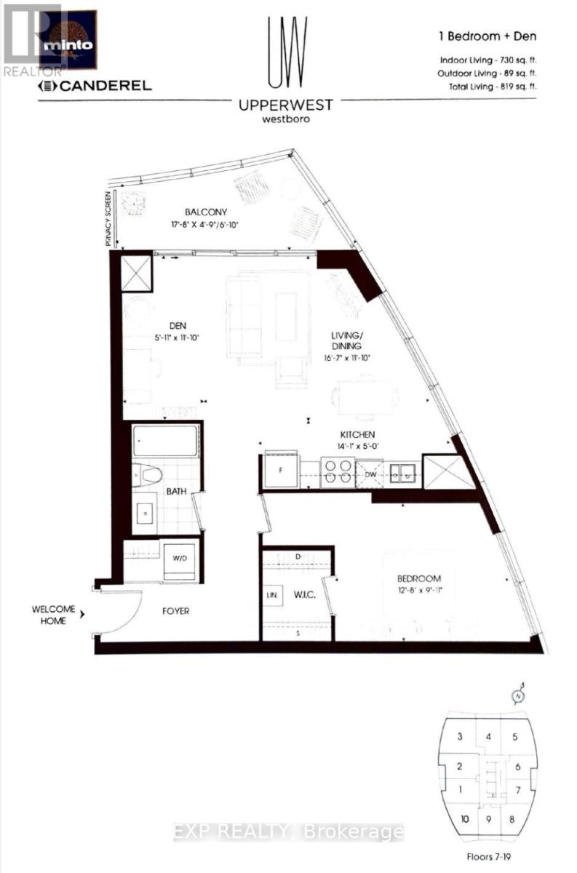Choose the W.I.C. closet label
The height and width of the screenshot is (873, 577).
point(304,594)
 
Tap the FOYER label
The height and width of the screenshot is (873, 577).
point(175,611)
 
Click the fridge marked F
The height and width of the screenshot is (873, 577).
point(279,471)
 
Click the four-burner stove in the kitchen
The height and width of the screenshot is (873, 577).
point(338,471)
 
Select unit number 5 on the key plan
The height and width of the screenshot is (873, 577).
point(514,737)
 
